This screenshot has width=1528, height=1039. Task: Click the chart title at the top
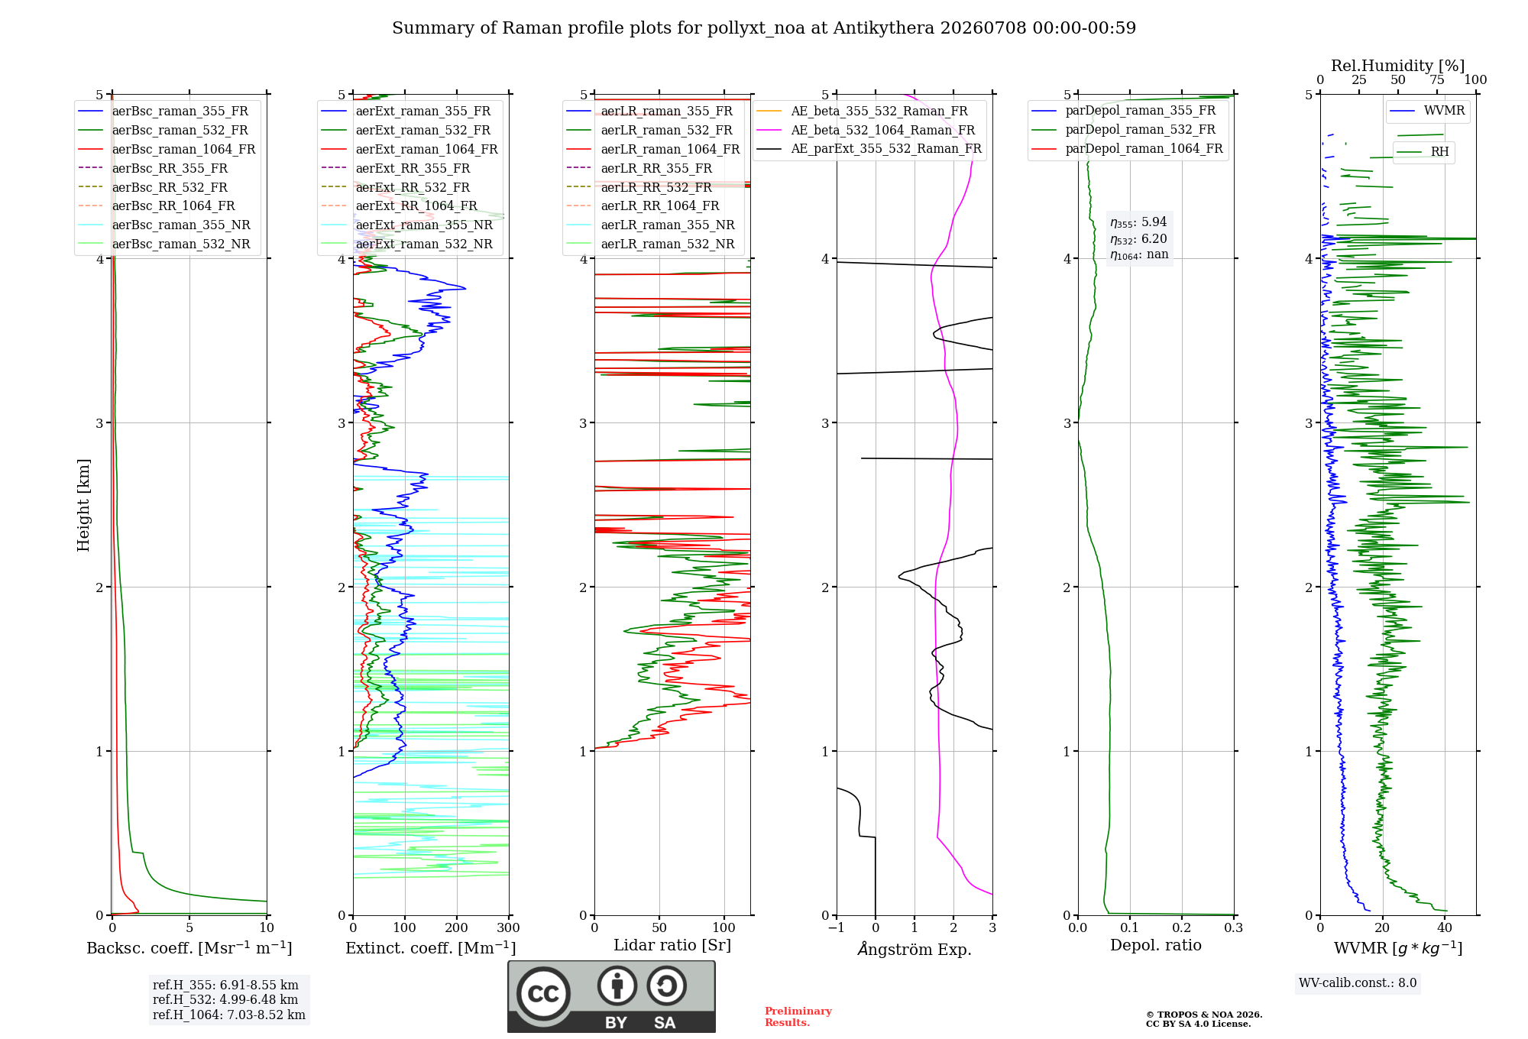coord(764,28)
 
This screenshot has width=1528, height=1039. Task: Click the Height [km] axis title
coord(83,505)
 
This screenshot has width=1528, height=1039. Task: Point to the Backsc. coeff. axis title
coord(189,948)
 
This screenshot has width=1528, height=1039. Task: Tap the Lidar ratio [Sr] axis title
coord(672,946)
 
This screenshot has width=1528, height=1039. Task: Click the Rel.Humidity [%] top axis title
coord(1398,66)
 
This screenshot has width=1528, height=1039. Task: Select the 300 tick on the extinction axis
coord(508,928)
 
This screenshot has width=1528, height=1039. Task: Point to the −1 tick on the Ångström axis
coord(837,928)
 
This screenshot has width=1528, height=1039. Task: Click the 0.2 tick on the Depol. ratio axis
coord(1182,928)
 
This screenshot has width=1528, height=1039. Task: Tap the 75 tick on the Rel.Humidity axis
coord(1437,80)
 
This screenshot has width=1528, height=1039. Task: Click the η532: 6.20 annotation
coord(1138,239)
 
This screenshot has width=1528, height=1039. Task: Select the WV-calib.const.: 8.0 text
coord(1358,983)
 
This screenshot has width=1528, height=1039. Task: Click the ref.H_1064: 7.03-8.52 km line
coord(229,1015)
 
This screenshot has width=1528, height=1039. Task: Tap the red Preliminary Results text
coord(798,1017)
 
